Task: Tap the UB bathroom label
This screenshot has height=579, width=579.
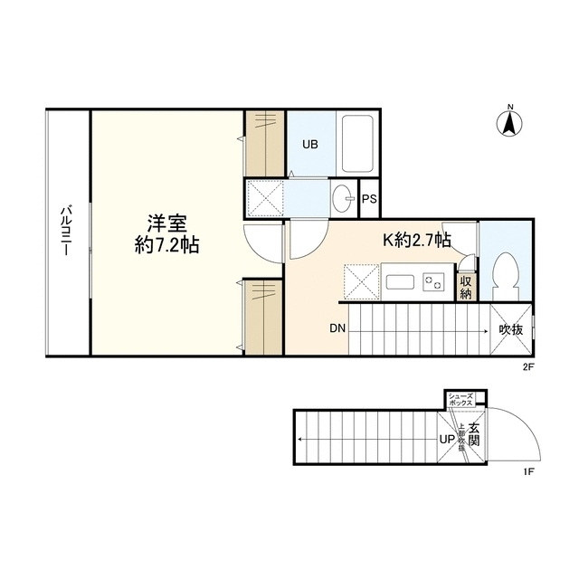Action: coord(310,143)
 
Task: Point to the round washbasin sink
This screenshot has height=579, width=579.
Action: coord(342,199)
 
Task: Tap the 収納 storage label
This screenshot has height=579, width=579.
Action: coord(466,287)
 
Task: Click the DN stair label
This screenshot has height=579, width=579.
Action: coord(337,329)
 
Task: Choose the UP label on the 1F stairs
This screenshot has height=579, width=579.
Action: coord(446,440)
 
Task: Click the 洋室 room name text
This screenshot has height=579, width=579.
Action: coord(168,223)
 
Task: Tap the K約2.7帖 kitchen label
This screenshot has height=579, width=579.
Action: coord(417,241)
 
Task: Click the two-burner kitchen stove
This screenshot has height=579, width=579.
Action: coord(432,282)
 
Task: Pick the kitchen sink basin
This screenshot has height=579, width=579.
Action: coord(399,281)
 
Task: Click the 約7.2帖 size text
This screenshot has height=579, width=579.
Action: coord(167,245)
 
